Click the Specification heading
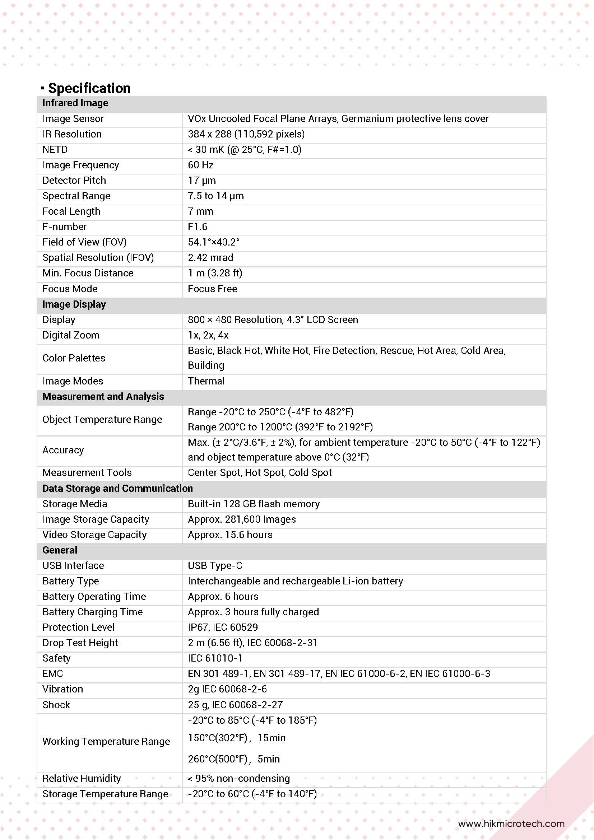point(89,88)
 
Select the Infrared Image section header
point(75,103)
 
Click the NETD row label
point(55,150)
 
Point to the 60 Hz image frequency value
point(200,165)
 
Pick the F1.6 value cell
point(197,227)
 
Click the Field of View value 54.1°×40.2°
point(213,242)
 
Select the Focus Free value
point(212,289)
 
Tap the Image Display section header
point(74,304)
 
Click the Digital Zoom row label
point(71,335)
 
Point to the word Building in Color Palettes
point(206,365)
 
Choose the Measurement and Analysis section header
point(103,397)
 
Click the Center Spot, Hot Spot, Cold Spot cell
point(260,473)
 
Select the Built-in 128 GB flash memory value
point(254,504)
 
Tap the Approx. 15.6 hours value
point(230,535)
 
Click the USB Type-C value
point(215,566)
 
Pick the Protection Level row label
point(78,627)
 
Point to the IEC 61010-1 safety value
point(215,658)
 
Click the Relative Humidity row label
point(81,779)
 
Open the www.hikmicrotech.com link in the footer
point(511,824)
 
